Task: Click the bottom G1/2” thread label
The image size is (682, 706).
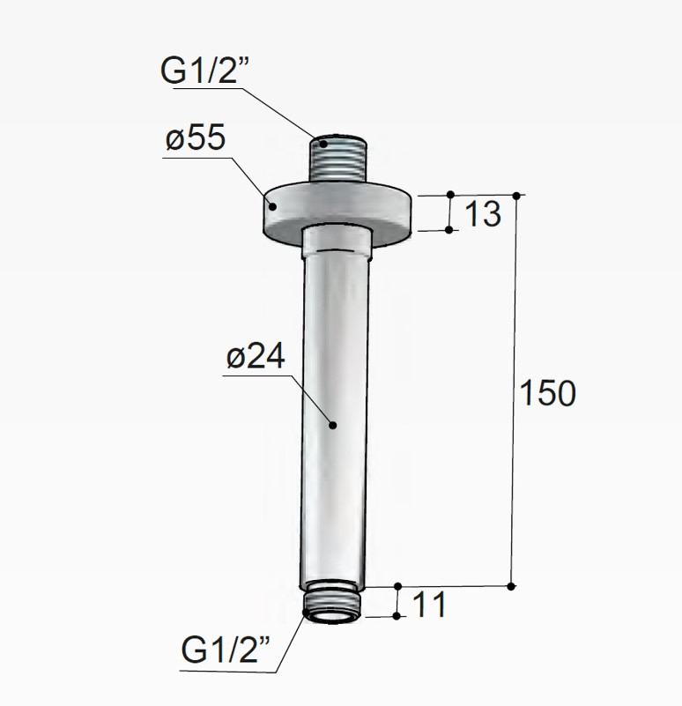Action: coord(225,650)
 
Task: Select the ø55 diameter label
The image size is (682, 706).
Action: coord(196,137)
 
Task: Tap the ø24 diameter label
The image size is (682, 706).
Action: coord(256,356)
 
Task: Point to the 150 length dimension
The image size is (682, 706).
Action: coord(547,393)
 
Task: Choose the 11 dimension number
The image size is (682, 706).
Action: coord(429,605)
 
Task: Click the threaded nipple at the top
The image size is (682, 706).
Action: coord(338,159)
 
